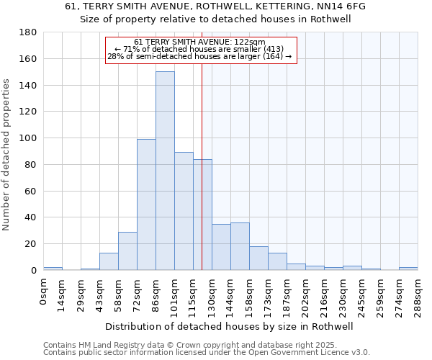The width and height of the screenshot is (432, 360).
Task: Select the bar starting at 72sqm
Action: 146,204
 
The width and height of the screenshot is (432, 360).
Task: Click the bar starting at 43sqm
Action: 109,261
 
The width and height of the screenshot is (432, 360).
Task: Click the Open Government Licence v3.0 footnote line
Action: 207,352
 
